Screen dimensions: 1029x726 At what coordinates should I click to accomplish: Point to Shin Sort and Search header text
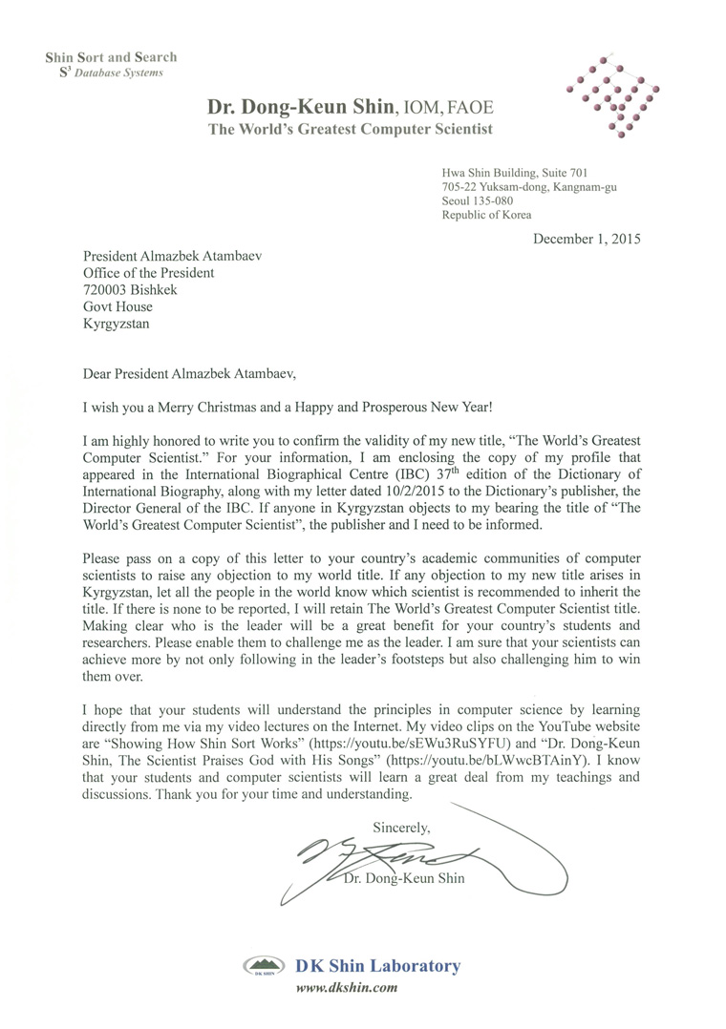(x=110, y=57)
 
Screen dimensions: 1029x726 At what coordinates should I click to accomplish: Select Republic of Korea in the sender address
(x=486, y=216)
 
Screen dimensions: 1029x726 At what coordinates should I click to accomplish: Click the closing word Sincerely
(x=401, y=827)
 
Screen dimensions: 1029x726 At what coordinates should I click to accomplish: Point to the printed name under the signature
(x=403, y=878)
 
